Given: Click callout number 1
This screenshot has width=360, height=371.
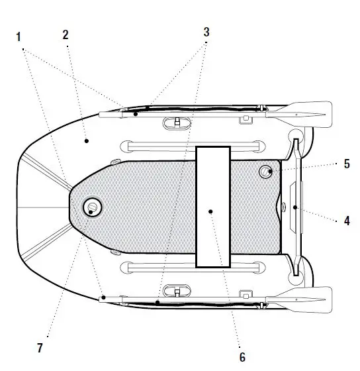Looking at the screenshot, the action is tap(19, 37).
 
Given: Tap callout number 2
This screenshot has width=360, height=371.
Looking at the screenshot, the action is tap(66, 34).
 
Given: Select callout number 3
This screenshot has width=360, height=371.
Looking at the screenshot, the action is tap(206, 32).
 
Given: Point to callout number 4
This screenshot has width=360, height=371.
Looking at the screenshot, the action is tap(347, 221).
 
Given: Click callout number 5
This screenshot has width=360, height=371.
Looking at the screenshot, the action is tap(347, 164).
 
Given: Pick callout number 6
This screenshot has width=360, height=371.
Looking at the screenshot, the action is tap(242, 357).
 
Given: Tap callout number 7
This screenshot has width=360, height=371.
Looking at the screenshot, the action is tap(40, 348).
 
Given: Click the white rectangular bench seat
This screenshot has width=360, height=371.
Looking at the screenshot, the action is tap(213, 207).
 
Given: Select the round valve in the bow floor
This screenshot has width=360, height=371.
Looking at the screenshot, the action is tap(92, 207).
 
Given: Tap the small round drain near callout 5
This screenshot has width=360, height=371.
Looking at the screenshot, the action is tap(265, 172).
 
